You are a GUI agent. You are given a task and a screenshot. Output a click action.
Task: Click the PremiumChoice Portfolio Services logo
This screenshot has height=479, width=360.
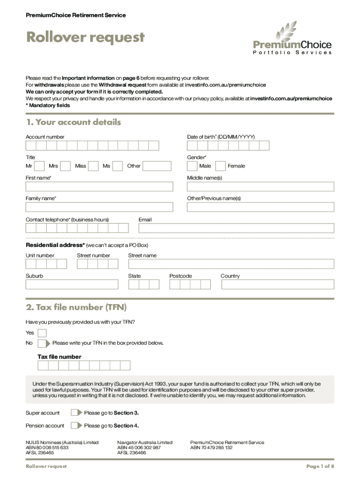[x=292, y=39]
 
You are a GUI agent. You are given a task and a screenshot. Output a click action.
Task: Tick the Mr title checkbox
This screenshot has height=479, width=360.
[x=40, y=166]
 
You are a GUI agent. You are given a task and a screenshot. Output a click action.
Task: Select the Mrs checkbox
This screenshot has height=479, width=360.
[x=65, y=166]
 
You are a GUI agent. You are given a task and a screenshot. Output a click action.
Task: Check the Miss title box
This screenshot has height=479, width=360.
[x=94, y=166]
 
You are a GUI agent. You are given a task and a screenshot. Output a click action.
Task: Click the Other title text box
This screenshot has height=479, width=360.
[x=157, y=166]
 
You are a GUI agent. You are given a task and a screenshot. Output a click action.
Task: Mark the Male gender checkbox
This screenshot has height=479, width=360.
[x=192, y=166]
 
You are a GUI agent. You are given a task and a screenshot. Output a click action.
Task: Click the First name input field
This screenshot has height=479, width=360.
[x=99, y=187]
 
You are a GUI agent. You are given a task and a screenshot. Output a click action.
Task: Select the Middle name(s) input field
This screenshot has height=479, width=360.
[x=260, y=187]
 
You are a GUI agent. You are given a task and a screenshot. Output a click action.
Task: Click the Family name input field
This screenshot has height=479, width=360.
[x=99, y=207]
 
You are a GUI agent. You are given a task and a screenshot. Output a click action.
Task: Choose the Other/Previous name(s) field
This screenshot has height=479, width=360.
[x=260, y=207]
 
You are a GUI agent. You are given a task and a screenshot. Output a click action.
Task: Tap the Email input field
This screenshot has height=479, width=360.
[x=236, y=228]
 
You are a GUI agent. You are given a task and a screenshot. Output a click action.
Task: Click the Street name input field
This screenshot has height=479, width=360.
[x=231, y=264]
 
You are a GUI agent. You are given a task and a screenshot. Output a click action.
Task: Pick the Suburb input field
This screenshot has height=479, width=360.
[x=72, y=284]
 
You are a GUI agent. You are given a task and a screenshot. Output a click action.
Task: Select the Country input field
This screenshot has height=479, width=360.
[x=277, y=284]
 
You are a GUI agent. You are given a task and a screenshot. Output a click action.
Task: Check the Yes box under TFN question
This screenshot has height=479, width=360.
[x=42, y=333]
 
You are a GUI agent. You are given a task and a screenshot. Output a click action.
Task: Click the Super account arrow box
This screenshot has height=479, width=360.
[x=76, y=413]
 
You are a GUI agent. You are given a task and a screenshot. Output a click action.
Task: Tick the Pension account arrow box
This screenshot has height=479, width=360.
[x=76, y=426]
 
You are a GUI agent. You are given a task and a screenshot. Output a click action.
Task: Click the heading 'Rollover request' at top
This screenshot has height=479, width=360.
[x=85, y=37]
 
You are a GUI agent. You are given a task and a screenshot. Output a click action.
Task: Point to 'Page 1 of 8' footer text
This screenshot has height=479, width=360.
[x=320, y=466]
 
